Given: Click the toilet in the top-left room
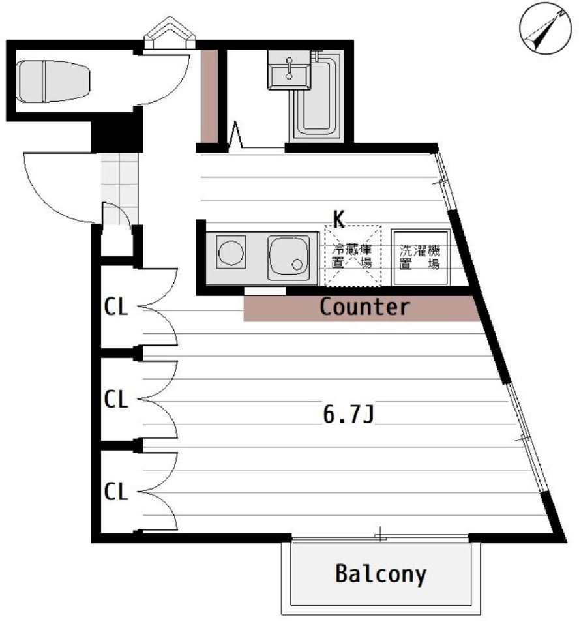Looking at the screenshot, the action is coord(53,81).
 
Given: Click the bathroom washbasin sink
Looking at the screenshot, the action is coord(289,70).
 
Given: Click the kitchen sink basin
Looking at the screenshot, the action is coord(288,258).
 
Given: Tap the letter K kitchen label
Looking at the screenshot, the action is coord(338,219).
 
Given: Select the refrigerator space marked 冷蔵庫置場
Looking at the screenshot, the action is coord(353,256).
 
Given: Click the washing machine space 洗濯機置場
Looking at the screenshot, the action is coord(420,257).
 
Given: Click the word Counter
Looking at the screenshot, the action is coord(364,307).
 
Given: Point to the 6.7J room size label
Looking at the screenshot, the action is coord(349,414).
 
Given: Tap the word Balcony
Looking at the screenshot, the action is coord(381,574).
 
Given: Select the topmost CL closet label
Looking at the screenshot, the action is coord(116,307).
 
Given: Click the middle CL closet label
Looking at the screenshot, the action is coord(116,399).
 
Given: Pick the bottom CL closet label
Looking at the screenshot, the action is coord(116,492).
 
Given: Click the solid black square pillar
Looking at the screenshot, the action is coord(116,132).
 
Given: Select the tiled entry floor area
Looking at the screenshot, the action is coord(119,188).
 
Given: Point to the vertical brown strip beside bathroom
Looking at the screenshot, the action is coord(209,96).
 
